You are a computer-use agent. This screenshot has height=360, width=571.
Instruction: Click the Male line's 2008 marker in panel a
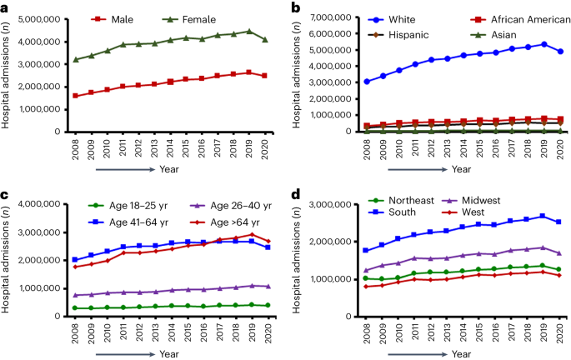76,96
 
